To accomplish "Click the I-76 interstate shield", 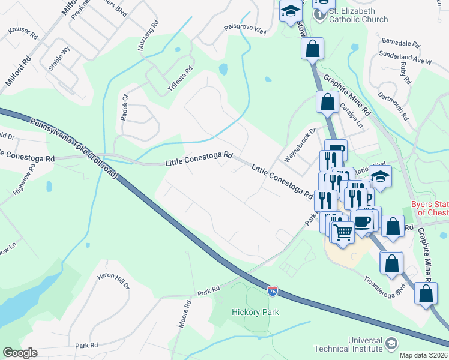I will pyautogui.click(x=273, y=290).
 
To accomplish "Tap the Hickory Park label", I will pyautogui.click(x=256, y=312).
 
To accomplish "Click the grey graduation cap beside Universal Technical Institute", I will pyautogui.click(x=391, y=344).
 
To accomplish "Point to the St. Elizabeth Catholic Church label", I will pyautogui.click(x=358, y=14).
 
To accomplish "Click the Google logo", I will pyautogui.click(x=20, y=353).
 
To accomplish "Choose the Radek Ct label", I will pyautogui.click(x=125, y=107).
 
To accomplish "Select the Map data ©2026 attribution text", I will pyautogui.click(x=424, y=355).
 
